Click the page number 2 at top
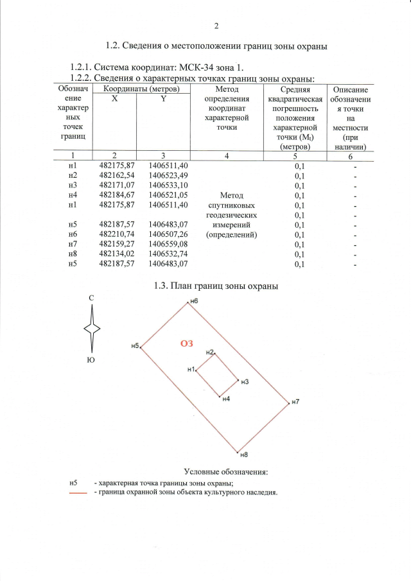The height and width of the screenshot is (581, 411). [216, 26]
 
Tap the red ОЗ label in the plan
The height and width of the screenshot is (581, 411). [186, 343]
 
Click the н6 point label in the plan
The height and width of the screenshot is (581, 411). [193, 301]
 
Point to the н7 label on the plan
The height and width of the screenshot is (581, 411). [295, 403]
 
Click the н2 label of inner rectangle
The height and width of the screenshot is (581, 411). [210, 352]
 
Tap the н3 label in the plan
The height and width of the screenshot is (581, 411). [245, 382]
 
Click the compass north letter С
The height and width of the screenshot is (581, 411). [92, 299]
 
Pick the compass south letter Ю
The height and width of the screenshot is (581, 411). [92, 361]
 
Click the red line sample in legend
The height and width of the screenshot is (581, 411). [78, 493]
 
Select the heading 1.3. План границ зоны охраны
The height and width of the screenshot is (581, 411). [216, 286]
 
